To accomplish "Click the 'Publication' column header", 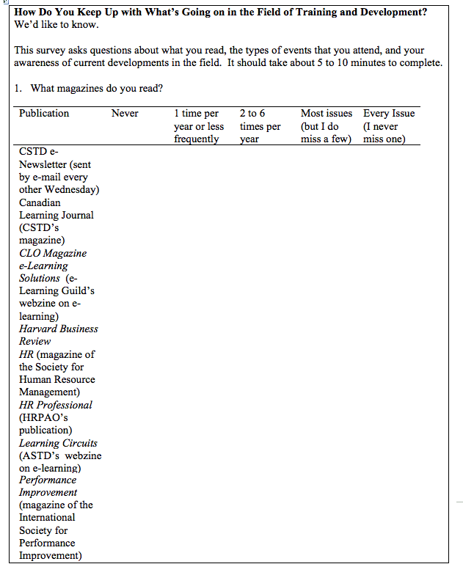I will click(44, 113).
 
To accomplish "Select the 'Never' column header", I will click(125, 113).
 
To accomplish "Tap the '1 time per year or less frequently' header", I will click(198, 125).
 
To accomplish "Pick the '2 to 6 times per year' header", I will click(260, 125).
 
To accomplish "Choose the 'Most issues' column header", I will click(326, 114).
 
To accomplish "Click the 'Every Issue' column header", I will click(389, 114).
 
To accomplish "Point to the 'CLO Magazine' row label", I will click(53, 253).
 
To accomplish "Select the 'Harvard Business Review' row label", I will click(58, 335).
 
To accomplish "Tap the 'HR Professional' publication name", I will click(56, 405).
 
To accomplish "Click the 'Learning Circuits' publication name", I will click(58, 443).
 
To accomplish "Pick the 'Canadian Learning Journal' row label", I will click(56, 209).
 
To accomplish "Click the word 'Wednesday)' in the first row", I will click(72, 190).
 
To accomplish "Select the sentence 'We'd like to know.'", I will click(56, 25).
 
